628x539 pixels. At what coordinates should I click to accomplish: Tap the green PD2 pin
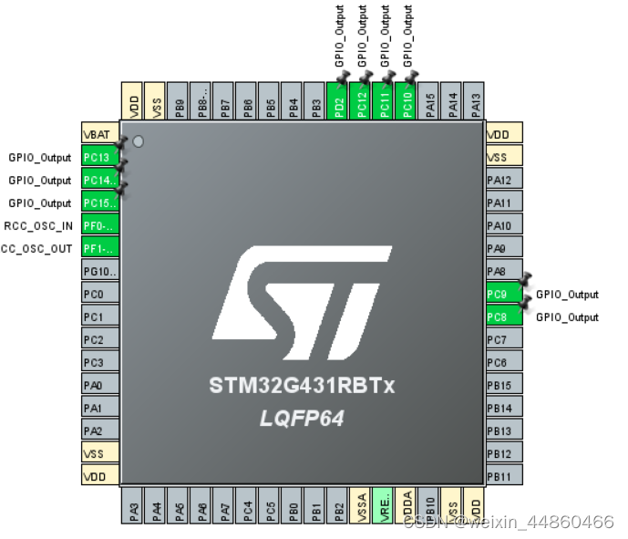[337, 100]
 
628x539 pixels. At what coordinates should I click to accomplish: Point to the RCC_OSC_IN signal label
[37, 225]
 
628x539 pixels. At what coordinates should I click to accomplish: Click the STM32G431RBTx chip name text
[301, 386]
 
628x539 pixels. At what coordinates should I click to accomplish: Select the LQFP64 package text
[301, 417]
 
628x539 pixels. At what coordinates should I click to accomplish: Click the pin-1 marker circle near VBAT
[138, 141]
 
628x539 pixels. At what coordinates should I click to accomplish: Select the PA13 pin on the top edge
[474, 100]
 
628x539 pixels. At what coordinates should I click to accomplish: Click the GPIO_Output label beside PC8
[567, 317]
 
